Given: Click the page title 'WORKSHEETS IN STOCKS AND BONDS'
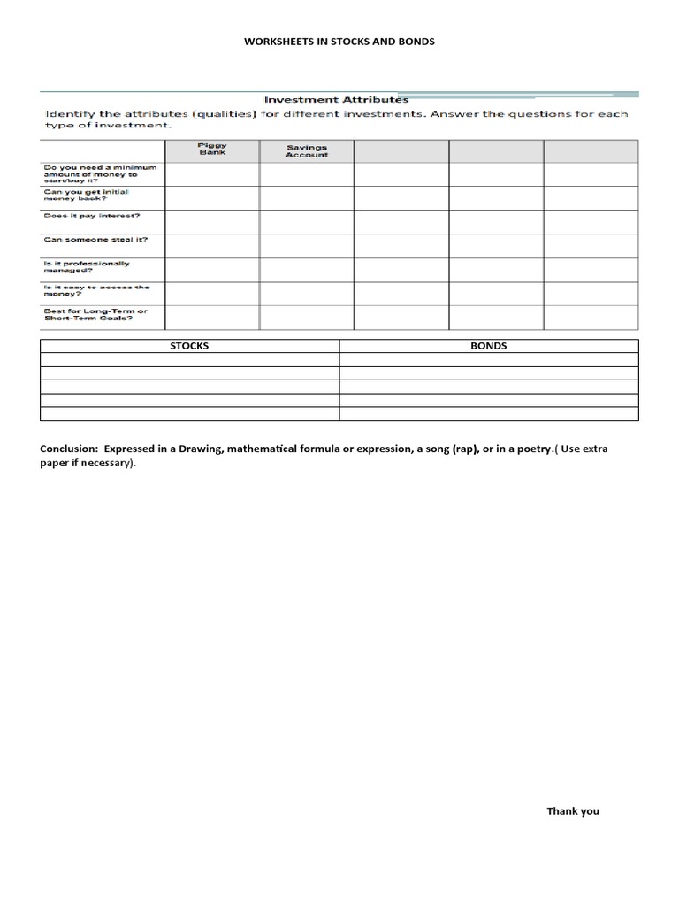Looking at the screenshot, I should click(x=339, y=42).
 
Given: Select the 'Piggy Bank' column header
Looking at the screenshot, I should click(x=212, y=150).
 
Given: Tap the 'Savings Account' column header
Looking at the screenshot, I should click(x=307, y=151).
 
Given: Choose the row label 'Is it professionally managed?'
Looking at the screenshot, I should click(x=87, y=267).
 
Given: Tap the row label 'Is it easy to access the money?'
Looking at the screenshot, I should click(x=96, y=291).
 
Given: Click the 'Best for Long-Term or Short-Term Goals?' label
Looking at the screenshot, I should click(x=95, y=315).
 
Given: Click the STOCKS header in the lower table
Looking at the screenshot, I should click(x=189, y=346).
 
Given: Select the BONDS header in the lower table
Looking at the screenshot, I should click(x=489, y=346).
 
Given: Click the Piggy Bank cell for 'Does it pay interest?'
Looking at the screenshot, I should click(x=212, y=221).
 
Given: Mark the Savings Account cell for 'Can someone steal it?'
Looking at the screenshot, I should click(x=307, y=245).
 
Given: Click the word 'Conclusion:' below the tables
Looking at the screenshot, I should click(x=69, y=449).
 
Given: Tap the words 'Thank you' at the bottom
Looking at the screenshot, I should click(x=572, y=810).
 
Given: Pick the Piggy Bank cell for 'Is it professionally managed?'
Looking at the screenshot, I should click(x=212, y=270).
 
